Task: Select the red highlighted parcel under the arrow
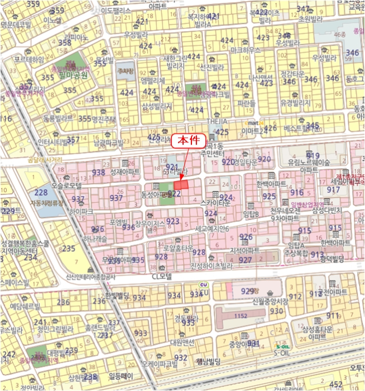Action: click(180, 185)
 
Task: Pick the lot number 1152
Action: click(240, 316)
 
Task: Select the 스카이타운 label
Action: click(215, 204)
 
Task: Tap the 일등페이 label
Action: click(118, 376)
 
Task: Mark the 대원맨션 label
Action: click(182, 341)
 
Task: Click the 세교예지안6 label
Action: click(212, 229)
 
